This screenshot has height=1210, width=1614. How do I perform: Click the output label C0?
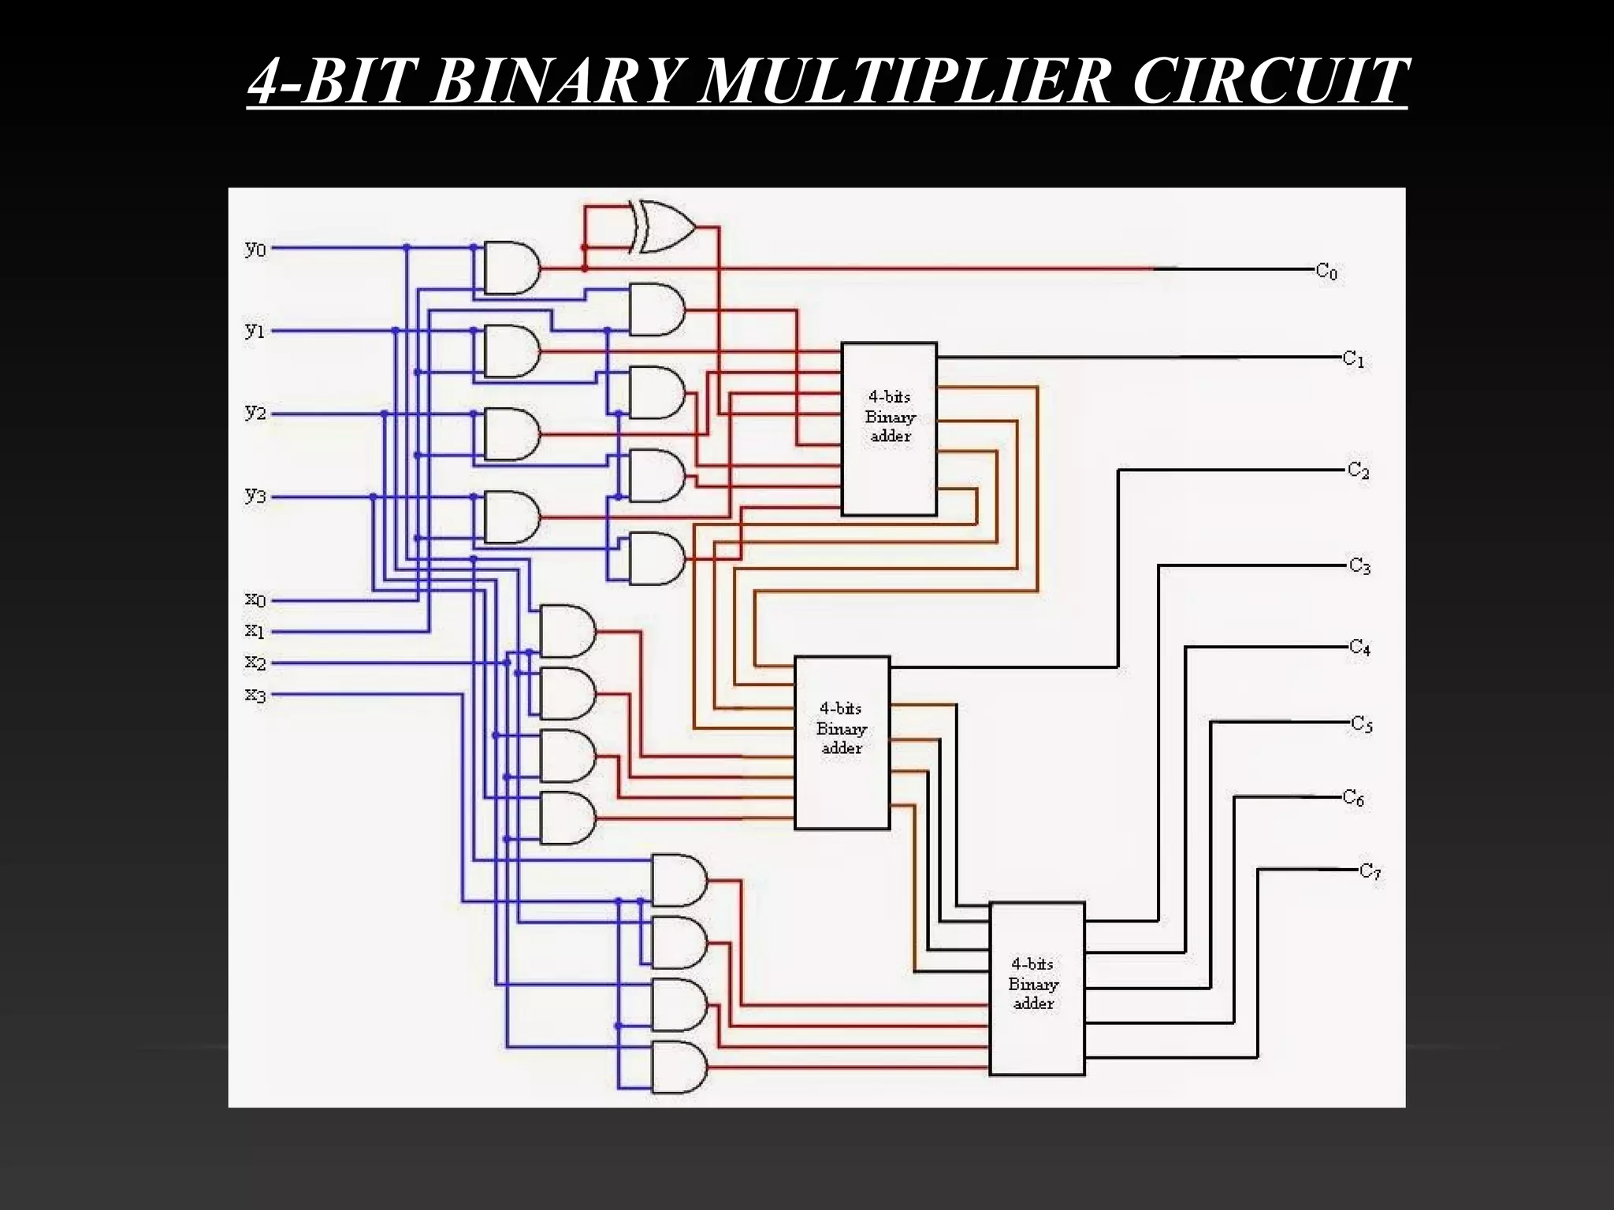(x=1326, y=272)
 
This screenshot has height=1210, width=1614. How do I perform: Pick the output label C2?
(x=1358, y=471)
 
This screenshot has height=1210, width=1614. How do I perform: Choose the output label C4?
(x=1359, y=648)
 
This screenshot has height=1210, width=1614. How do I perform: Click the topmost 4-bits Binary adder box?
(x=889, y=429)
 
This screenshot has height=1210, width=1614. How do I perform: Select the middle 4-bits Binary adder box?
(x=842, y=742)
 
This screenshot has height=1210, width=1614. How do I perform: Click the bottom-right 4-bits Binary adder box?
(x=1036, y=988)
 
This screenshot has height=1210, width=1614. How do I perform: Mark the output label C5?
(x=1362, y=724)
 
